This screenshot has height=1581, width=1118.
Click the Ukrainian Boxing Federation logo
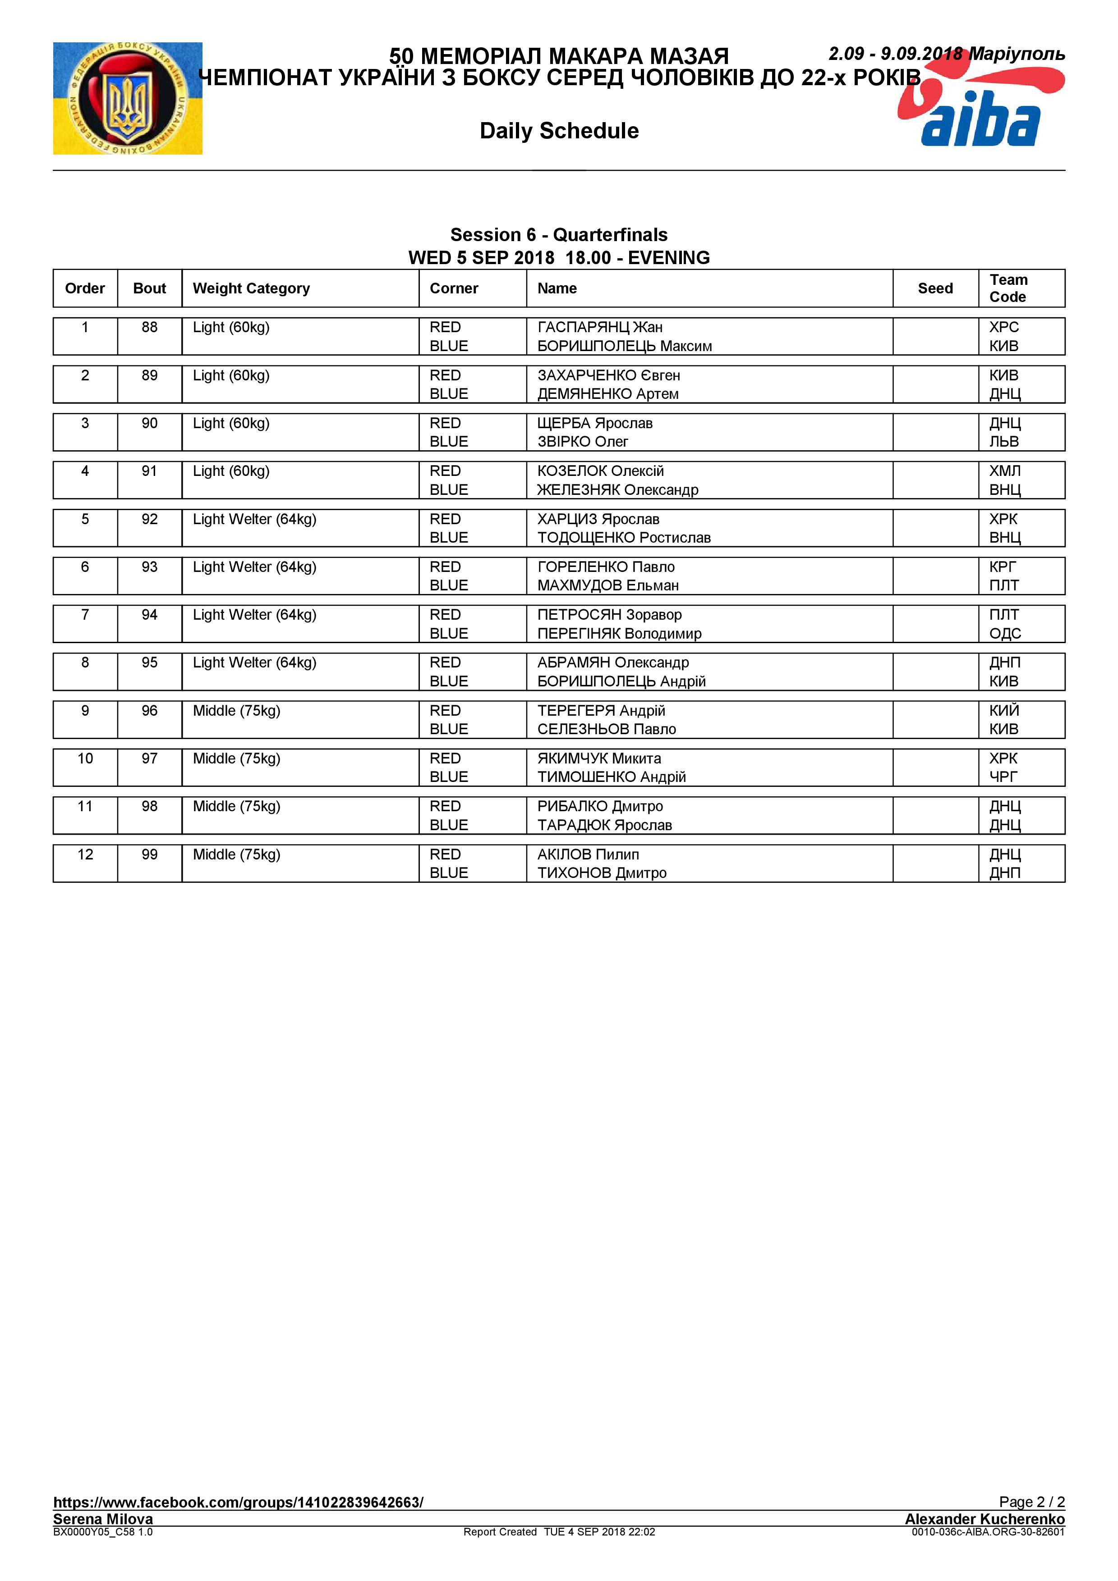(128, 98)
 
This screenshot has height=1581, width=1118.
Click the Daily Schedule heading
(559, 131)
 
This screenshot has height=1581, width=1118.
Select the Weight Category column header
(252, 288)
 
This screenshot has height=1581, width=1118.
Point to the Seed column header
(935, 288)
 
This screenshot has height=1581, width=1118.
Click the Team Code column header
(1008, 288)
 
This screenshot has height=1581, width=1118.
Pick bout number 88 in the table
(149, 328)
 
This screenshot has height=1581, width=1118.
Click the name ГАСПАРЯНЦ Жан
(599, 328)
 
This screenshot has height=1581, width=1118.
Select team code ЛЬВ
(1003, 442)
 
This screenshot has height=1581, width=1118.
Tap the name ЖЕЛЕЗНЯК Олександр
(617, 490)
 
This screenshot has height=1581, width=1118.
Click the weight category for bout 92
(254, 519)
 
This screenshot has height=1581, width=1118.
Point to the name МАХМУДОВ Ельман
(607, 586)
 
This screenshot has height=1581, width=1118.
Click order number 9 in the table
(85, 711)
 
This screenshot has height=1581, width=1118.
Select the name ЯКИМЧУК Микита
(598, 759)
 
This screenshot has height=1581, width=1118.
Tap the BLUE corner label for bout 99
(448, 873)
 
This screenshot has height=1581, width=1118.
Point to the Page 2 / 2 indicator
(1031, 1502)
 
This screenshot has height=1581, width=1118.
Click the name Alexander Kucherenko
(985, 1519)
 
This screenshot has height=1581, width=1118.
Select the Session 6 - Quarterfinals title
(559, 235)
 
